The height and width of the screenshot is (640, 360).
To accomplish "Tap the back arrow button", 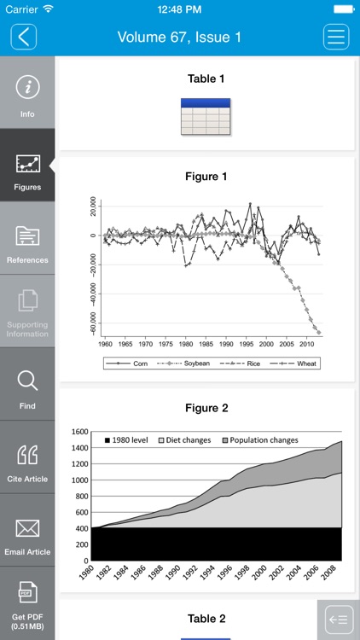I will [x=24, y=37].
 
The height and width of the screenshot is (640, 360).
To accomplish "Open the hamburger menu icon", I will [x=336, y=37].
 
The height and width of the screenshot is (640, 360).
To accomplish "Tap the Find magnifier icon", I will [x=27, y=381].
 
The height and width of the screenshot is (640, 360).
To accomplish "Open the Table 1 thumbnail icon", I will [x=206, y=116].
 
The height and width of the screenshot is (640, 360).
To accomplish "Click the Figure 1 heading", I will [x=206, y=177].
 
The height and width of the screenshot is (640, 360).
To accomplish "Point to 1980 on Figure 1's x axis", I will [x=186, y=343].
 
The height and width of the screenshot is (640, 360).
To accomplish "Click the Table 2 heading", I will [x=206, y=619].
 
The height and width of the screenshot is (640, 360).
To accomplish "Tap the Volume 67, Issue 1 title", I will [x=179, y=37].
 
